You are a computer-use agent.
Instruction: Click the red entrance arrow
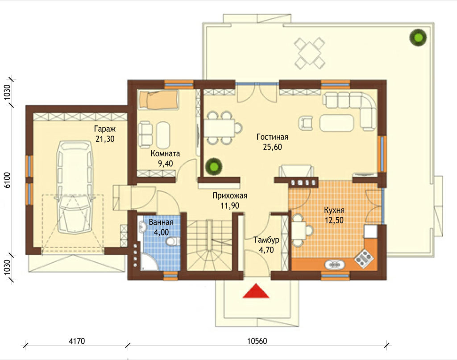[256, 291]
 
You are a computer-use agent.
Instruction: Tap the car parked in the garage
[75, 187]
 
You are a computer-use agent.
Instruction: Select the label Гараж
[105, 129]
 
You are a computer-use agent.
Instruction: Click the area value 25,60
[273, 147]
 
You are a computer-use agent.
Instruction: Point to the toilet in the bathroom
[174, 241]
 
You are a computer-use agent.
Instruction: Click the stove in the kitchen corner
[364, 258]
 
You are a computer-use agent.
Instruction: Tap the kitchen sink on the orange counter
[335, 265]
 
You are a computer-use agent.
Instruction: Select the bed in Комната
[158, 100]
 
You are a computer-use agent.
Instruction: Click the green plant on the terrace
[418, 37]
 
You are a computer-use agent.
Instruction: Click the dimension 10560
[257, 341]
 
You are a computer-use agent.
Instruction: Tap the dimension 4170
[77, 341]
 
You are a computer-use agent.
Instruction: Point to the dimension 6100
[7, 180]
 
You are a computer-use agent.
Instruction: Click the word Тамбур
[266, 240]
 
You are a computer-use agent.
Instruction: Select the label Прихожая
[230, 195]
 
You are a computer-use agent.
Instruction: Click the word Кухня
[334, 210]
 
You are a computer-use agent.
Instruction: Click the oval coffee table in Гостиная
[337, 123]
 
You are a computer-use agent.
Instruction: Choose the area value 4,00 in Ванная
[161, 232]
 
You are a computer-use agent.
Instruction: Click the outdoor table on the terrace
[310, 53]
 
